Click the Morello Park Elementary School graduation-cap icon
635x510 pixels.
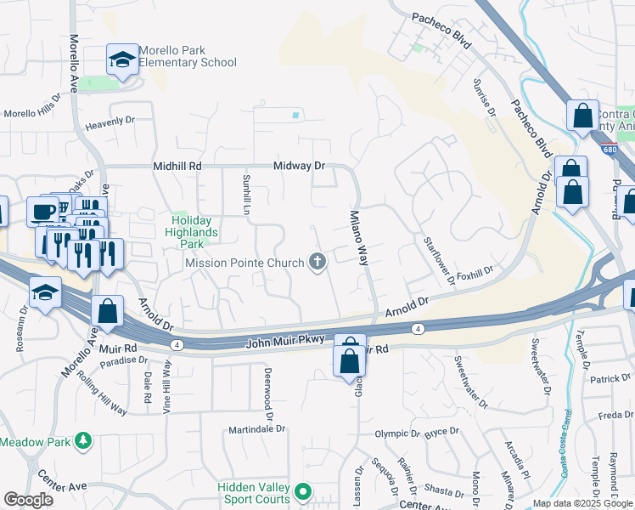click(x=122, y=60)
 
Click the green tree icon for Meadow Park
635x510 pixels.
click(x=83, y=441)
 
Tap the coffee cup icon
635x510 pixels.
click(x=42, y=211)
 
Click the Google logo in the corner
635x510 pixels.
click(x=28, y=500)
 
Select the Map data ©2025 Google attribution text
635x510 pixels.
click(x=582, y=503)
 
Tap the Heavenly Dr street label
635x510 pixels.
click(x=110, y=122)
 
